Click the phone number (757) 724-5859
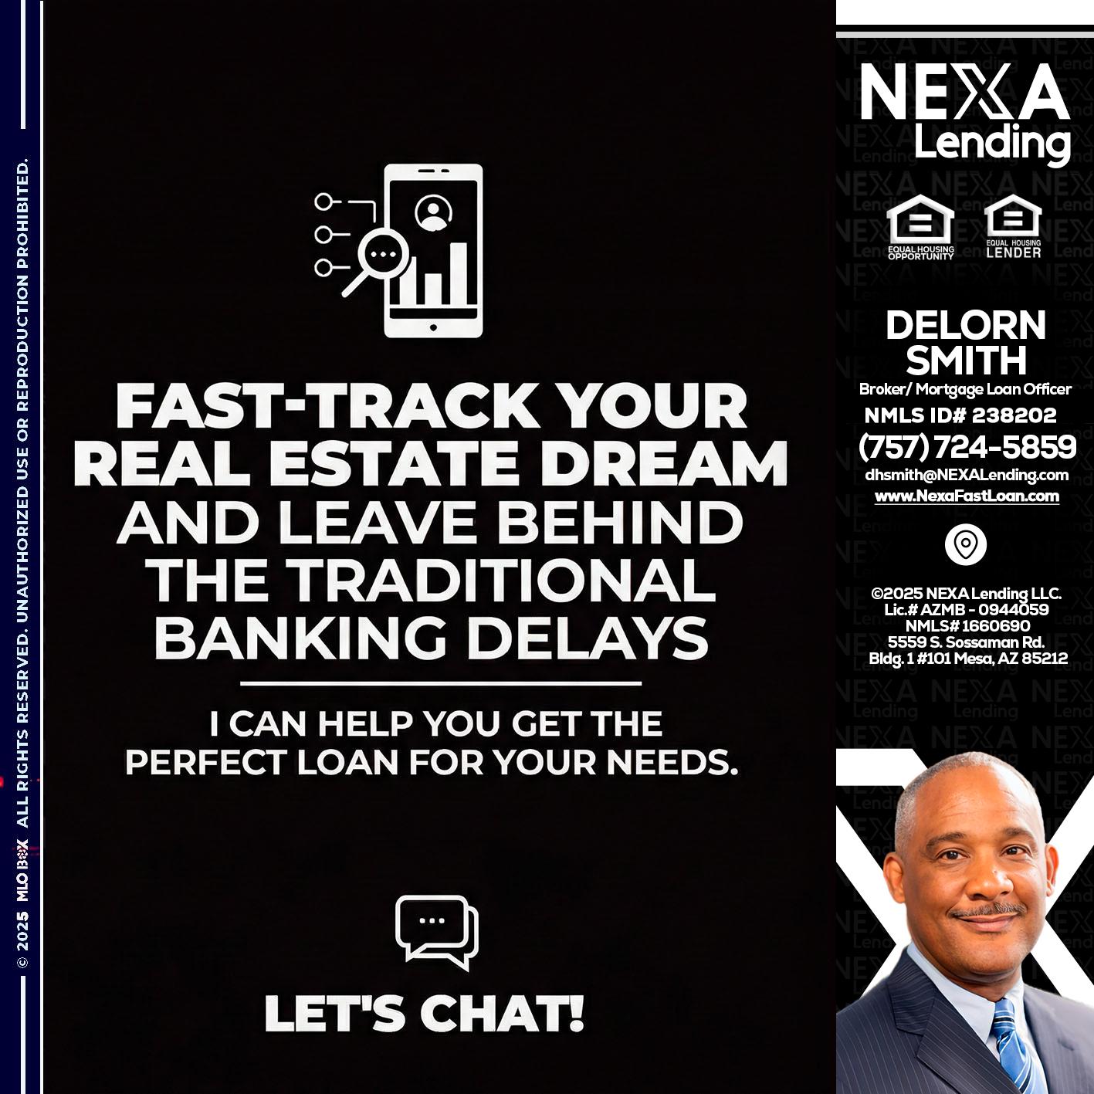(967, 446)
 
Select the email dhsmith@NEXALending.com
(967, 475)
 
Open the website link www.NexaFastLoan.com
(967, 496)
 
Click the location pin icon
(965, 544)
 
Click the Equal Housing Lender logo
(1013, 228)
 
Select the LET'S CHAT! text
(424, 1014)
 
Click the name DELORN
(965, 325)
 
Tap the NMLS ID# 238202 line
(960, 415)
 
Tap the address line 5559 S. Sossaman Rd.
(967, 642)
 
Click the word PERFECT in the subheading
(205, 763)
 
